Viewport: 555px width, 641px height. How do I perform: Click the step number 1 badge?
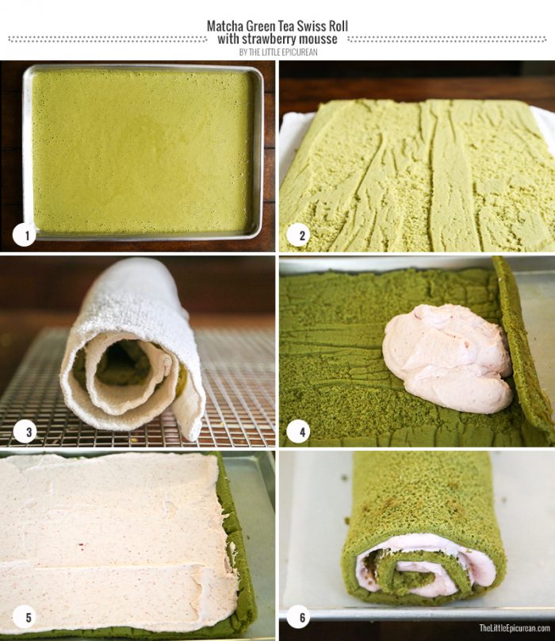point(25,234)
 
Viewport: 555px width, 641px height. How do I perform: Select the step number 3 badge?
point(25,432)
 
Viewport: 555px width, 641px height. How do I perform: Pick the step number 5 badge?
point(25,617)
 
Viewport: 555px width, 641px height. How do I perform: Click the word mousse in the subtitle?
point(319,39)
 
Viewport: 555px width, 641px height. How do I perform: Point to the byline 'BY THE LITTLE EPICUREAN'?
point(278,52)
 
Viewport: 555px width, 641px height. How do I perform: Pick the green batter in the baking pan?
point(143,151)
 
